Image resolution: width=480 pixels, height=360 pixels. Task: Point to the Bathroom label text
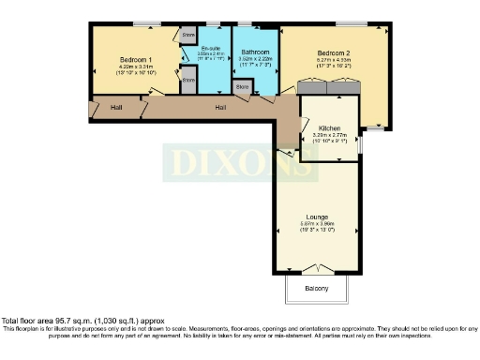[x=255, y=52]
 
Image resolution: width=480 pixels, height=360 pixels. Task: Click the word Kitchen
[x=329, y=127]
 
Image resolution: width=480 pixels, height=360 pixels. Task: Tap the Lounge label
[x=316, y=215]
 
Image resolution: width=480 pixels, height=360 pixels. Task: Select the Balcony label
[x=316, y=289]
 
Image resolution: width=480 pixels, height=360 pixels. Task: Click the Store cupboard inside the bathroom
[x=243, y=87]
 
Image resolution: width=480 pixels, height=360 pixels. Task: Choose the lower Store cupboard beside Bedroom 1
[x=188, y=81]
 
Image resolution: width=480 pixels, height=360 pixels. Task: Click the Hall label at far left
[x=115, y=108]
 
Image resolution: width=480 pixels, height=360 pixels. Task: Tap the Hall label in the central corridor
[x=220, y=108]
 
